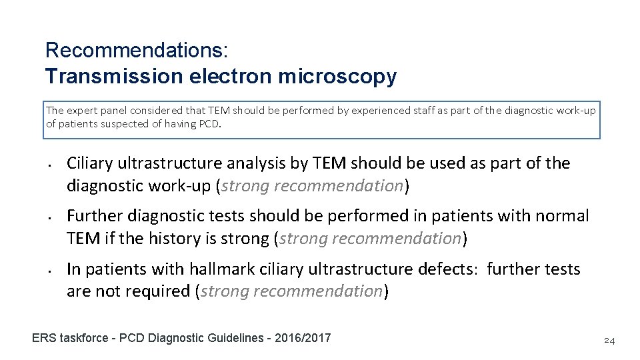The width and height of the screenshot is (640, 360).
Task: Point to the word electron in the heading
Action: (x=231, y=77)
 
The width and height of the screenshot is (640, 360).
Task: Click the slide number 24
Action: (x=609, y=341)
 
